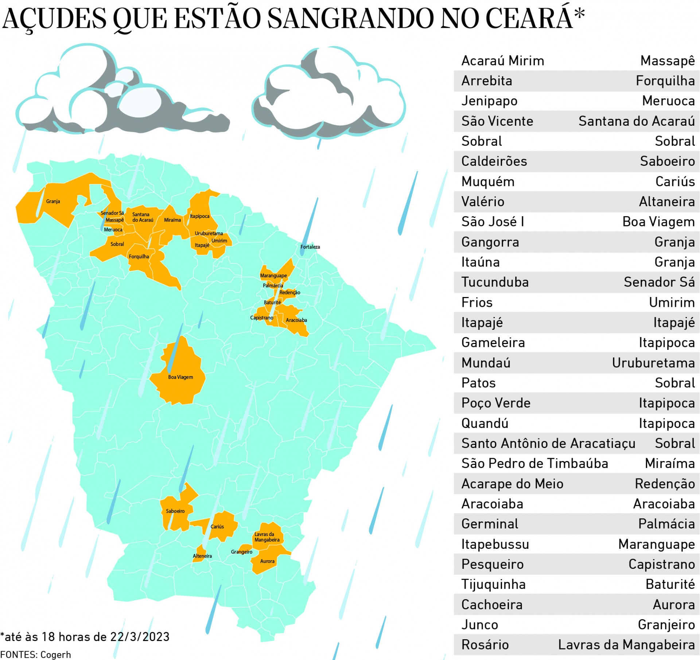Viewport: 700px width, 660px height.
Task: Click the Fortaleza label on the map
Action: pos(310,247)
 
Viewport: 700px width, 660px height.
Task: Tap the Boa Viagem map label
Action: pos(180,377)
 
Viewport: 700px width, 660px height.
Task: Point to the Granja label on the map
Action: pos(53,201)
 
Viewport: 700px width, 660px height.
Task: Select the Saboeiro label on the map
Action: pos(175,511)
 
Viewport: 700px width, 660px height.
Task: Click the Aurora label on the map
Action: pos(267,561)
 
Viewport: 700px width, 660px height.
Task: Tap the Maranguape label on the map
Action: pos(273,276)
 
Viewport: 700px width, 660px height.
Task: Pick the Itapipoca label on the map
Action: pos(199,216)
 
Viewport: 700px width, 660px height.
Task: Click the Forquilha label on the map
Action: pos(139,257)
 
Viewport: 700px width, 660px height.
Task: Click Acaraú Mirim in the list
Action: pos(502,60)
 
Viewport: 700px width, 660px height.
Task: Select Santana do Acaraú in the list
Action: pos(636,121)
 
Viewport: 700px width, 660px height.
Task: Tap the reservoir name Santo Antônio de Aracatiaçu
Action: pos(548,443)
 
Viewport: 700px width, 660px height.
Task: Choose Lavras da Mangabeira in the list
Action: pos(626,645)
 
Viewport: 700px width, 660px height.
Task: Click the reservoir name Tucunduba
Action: pos(495,282)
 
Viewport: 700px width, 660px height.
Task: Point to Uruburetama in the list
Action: pos(653,363)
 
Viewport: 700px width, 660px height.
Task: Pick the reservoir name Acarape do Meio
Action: pos(512,484)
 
